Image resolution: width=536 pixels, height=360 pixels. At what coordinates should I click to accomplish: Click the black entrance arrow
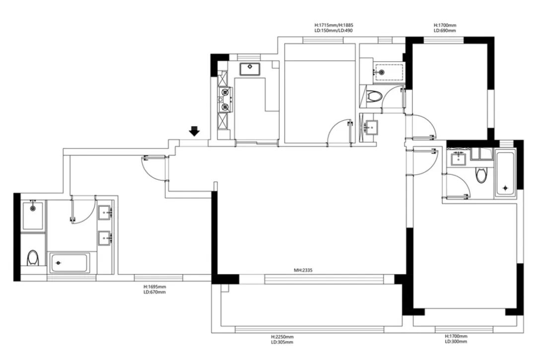tap(195, 131)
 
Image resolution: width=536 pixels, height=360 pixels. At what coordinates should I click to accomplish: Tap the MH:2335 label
tap(303, 270)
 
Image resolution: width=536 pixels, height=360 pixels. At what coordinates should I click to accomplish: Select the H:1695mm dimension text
tap(154, 287)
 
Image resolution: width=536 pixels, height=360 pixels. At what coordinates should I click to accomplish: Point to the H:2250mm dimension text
tap(282, 337)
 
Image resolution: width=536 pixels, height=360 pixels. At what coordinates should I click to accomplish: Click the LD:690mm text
tap(445, 30)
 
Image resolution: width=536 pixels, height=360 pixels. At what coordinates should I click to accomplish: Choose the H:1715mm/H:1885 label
tap(334, 25)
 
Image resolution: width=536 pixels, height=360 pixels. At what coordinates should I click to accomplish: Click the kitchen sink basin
tap(250, 69)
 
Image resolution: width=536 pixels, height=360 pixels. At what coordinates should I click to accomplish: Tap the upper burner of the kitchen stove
tap(225, 92)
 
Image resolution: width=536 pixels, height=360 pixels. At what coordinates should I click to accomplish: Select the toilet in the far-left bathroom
tap(33, 257)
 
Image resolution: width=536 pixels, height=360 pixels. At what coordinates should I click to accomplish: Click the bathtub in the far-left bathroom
tap(69, 263)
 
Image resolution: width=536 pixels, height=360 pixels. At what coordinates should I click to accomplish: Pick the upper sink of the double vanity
tap(105, 213)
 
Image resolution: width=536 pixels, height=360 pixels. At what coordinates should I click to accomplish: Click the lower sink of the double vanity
tap(105, 238)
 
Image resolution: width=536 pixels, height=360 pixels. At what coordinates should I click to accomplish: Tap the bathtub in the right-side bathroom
tap(505, 174)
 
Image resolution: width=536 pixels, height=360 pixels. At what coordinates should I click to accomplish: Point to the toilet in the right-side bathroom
tap(481, 174)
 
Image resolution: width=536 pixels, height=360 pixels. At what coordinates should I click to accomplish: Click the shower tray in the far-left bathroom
tap(33, 216)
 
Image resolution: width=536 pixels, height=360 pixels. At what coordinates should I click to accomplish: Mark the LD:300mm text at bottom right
tap(456, 342)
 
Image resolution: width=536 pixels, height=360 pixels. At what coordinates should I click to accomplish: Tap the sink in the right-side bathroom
tap(458, 158)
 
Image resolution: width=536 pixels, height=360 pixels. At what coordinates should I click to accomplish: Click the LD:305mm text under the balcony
tap(282, 342)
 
